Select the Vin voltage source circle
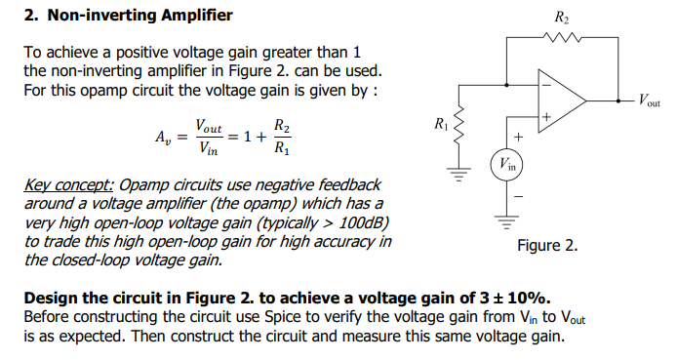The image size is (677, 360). tap(505, 164)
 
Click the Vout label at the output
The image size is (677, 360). tap(649, 100)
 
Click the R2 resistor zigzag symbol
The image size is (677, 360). tap(563, 40)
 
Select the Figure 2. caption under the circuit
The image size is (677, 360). tap(547, 246)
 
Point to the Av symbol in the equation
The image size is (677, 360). tap(162, 139)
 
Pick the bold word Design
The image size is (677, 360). tap(50, 298)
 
